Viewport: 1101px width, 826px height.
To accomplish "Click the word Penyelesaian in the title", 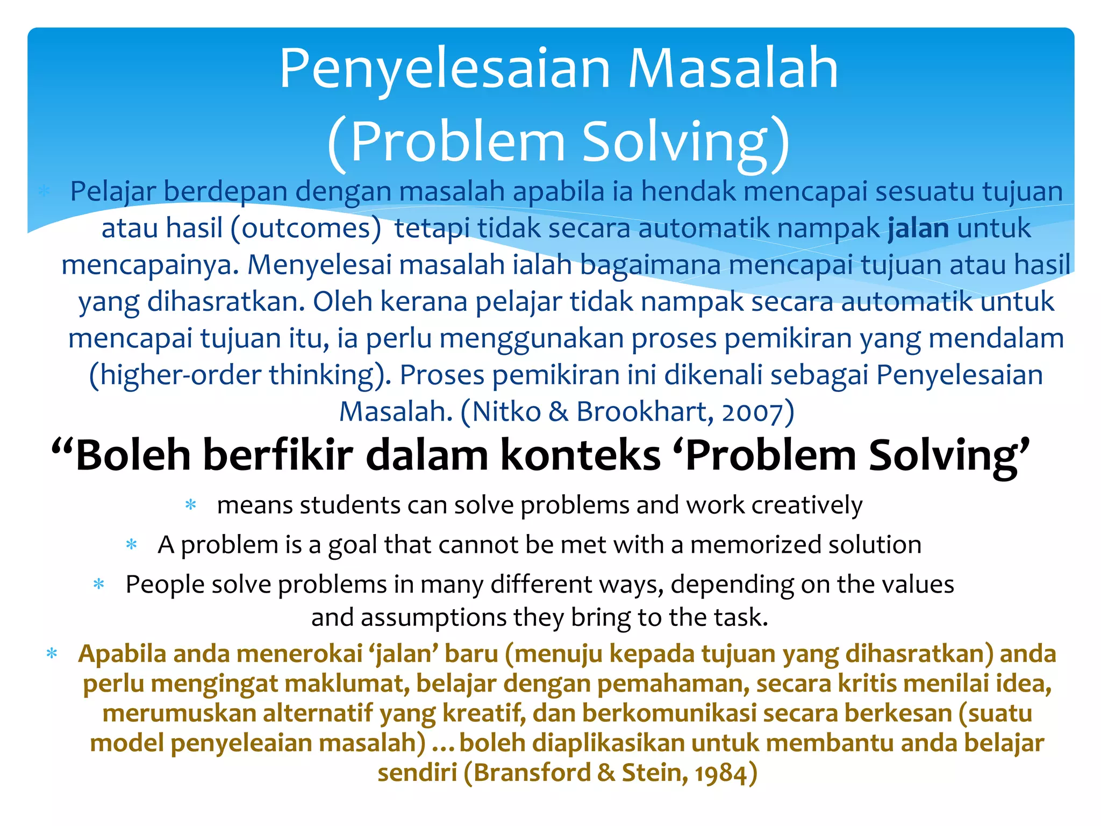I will click(445, 69).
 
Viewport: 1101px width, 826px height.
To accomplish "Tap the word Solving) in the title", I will click(686, 142).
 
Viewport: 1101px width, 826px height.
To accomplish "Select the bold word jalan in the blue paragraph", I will click(918, 228).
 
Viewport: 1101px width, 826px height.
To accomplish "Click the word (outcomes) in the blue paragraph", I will click(306, 228).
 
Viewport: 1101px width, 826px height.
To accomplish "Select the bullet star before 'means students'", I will click(190, 505).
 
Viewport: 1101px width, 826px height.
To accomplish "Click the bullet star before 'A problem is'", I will click(131, 545).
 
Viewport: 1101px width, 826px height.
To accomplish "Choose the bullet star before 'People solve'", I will click(99, 584).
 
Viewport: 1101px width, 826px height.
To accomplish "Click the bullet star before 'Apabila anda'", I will click(52, 654).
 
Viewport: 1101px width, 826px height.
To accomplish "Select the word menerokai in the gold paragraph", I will click(299, 654).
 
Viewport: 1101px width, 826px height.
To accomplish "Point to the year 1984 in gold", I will click(720, 773).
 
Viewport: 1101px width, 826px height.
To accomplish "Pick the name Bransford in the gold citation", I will click(532, 773).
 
